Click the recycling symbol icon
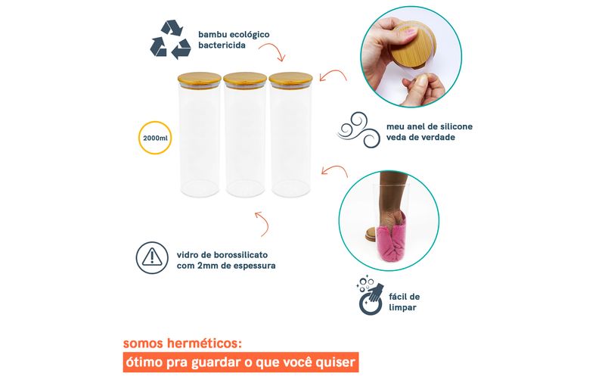[x=171, y=40]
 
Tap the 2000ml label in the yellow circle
[x=155, y=138]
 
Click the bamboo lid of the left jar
[x=200, y=79]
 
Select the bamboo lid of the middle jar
[x=245, y=79]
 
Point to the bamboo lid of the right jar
[x=290, y=79]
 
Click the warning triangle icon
[x=152, y=257]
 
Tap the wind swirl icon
[x=358, y=130]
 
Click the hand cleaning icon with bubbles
[x=371, y=296]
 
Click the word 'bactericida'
[x=222, y=45]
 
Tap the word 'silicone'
[x=457, y=126]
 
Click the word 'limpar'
[x=402, y=308]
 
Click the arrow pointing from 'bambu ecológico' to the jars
[x=272, y=51]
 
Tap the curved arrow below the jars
[x=262, y=223]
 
